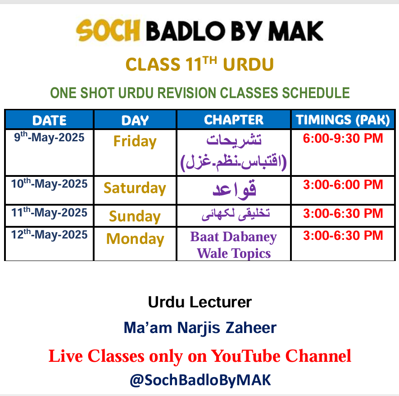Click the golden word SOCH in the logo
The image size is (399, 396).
click(108, 31)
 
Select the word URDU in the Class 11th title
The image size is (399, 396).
click(248, 64)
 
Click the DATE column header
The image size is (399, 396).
click(50, 120)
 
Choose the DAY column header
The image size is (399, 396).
click(135, 120)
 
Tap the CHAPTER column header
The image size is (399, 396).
click(234, 120)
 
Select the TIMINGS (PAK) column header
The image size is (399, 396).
click(343, 120)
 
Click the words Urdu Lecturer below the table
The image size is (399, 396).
click(200, 302)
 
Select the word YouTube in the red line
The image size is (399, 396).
click(246, 356)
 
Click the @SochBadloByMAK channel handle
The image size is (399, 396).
click(200, 380)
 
